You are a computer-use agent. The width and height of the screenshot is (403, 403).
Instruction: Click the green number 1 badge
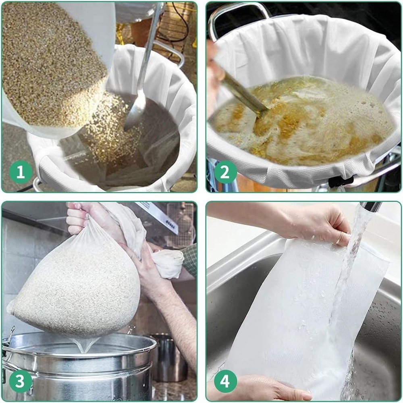click(x=21, y=172)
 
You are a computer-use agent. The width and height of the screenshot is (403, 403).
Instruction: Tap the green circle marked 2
click(x=225, y=172)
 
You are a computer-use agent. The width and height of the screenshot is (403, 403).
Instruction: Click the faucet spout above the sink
click(x=371, y=206)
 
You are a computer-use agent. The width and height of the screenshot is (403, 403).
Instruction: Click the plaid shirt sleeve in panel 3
click(x=189, y=258)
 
